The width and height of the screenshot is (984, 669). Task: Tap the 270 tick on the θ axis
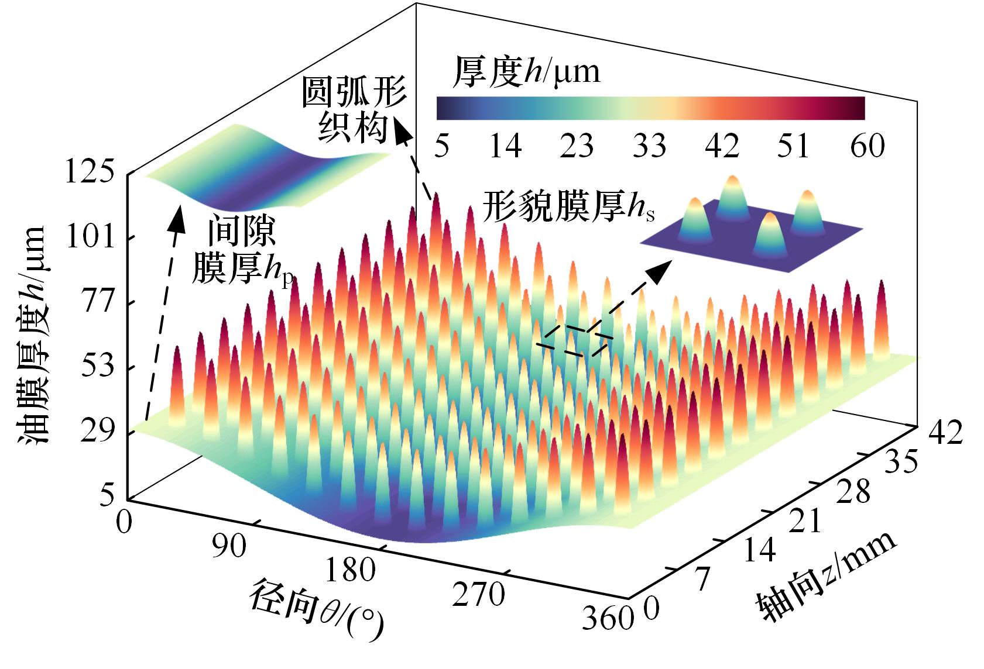[x=477, y=595]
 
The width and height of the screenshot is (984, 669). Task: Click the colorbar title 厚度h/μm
[x=527, y=73]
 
